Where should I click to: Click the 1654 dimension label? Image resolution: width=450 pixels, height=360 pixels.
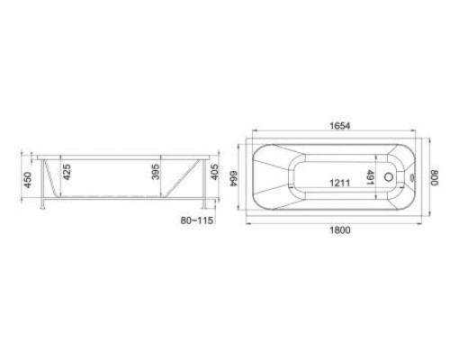[340, 126]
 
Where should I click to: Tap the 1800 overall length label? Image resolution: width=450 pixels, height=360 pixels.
[340, 230]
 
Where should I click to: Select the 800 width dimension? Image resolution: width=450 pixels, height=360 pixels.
[435, 177]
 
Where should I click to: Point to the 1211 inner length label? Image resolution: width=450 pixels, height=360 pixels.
[339, 183]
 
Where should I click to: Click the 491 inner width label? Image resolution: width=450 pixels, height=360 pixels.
[370, 177]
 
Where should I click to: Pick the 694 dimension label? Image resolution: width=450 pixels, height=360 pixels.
[234, 178]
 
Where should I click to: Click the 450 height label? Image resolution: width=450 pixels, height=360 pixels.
[28, 180]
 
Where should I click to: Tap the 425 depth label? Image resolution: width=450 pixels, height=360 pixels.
[67, 172]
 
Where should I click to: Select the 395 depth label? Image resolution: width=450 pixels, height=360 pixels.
[156, 172]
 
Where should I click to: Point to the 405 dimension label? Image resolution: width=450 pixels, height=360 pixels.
[215, 172]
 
